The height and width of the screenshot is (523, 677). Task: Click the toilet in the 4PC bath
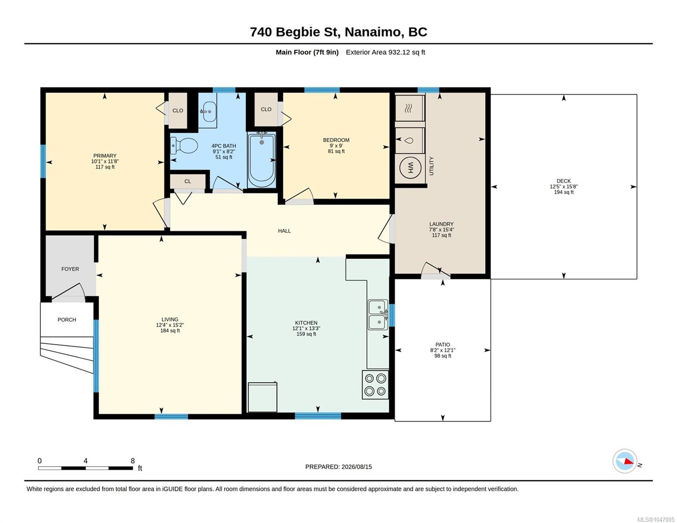(x=184, y=146)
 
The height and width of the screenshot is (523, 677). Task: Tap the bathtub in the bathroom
(x=262, y=160)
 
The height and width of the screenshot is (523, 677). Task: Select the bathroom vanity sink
(x=208, y=111)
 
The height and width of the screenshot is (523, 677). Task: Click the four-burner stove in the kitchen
(x=375, y=385)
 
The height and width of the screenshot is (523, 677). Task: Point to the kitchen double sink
(x=378, y=315)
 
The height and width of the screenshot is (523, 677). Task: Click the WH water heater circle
(x=410, y=168)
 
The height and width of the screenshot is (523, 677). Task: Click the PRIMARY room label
(x=105, y=156)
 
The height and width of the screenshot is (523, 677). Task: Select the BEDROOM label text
(x=336, y=140)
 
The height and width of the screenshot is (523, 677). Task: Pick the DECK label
(x=564, y=181)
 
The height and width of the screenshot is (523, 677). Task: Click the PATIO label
(x=443, y=344)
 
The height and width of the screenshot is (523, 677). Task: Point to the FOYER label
(x=70, y=269)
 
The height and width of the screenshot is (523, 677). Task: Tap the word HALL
(x=285, y=231)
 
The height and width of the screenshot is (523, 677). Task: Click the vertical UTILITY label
(x=432, y=166)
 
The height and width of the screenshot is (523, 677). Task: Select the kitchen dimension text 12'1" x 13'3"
(x=306, y=328)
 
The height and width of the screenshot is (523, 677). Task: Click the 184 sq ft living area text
(x=170, y=330)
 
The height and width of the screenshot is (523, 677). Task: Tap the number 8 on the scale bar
(x=133, y=461)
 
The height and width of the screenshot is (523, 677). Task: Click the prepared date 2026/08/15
(x=357, y=467)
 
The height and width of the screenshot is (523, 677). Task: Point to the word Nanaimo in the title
(x=373, y=32)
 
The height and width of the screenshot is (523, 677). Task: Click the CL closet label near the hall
(x=187, y=181)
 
